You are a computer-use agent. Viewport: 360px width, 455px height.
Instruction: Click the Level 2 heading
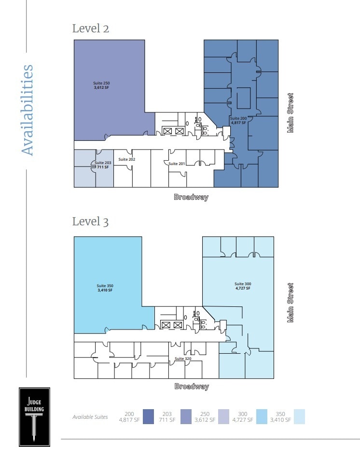click(90, 28)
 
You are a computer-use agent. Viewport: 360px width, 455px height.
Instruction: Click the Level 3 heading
click(90, 221)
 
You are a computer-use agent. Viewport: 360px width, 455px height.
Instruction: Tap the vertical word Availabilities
click(28, 110)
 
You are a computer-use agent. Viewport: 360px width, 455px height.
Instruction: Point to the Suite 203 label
click(103, 165)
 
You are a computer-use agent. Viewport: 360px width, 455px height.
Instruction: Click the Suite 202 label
click(127, 159)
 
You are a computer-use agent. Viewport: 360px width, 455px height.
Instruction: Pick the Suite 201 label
click(177, 164)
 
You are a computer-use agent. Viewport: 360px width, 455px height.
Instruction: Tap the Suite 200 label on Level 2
click(238, 121)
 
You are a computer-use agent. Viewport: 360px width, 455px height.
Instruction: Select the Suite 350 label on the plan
click(105, 288)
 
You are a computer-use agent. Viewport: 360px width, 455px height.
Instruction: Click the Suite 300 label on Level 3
click(243, 286)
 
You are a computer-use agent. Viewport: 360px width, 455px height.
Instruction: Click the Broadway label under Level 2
click(191, 197)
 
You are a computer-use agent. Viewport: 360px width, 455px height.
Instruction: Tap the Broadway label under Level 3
click(192, 386)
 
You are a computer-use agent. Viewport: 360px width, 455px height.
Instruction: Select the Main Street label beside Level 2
click(291, 113)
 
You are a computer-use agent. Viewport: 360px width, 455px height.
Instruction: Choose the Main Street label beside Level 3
click(291, 303)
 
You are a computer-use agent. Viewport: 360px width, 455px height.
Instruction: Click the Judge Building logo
click(34, 416)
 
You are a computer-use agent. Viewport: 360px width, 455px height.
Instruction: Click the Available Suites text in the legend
click(90, 417)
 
